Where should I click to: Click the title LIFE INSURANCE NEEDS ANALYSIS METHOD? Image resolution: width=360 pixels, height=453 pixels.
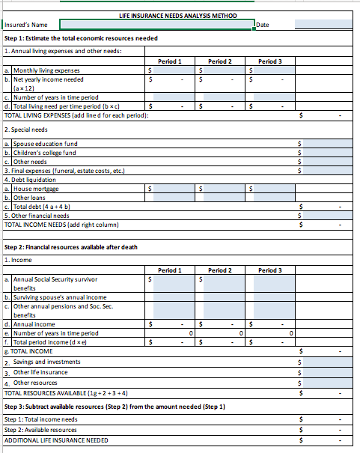click(x=178, y=16)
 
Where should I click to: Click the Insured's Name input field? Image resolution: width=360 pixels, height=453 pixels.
click(x=156, y=25)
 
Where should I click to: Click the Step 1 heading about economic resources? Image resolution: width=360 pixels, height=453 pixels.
click(x=81, y=38)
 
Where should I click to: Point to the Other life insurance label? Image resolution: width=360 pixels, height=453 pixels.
click(x=40, y=372)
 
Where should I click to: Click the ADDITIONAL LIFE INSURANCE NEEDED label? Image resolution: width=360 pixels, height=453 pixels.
click(x=56, y=440)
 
